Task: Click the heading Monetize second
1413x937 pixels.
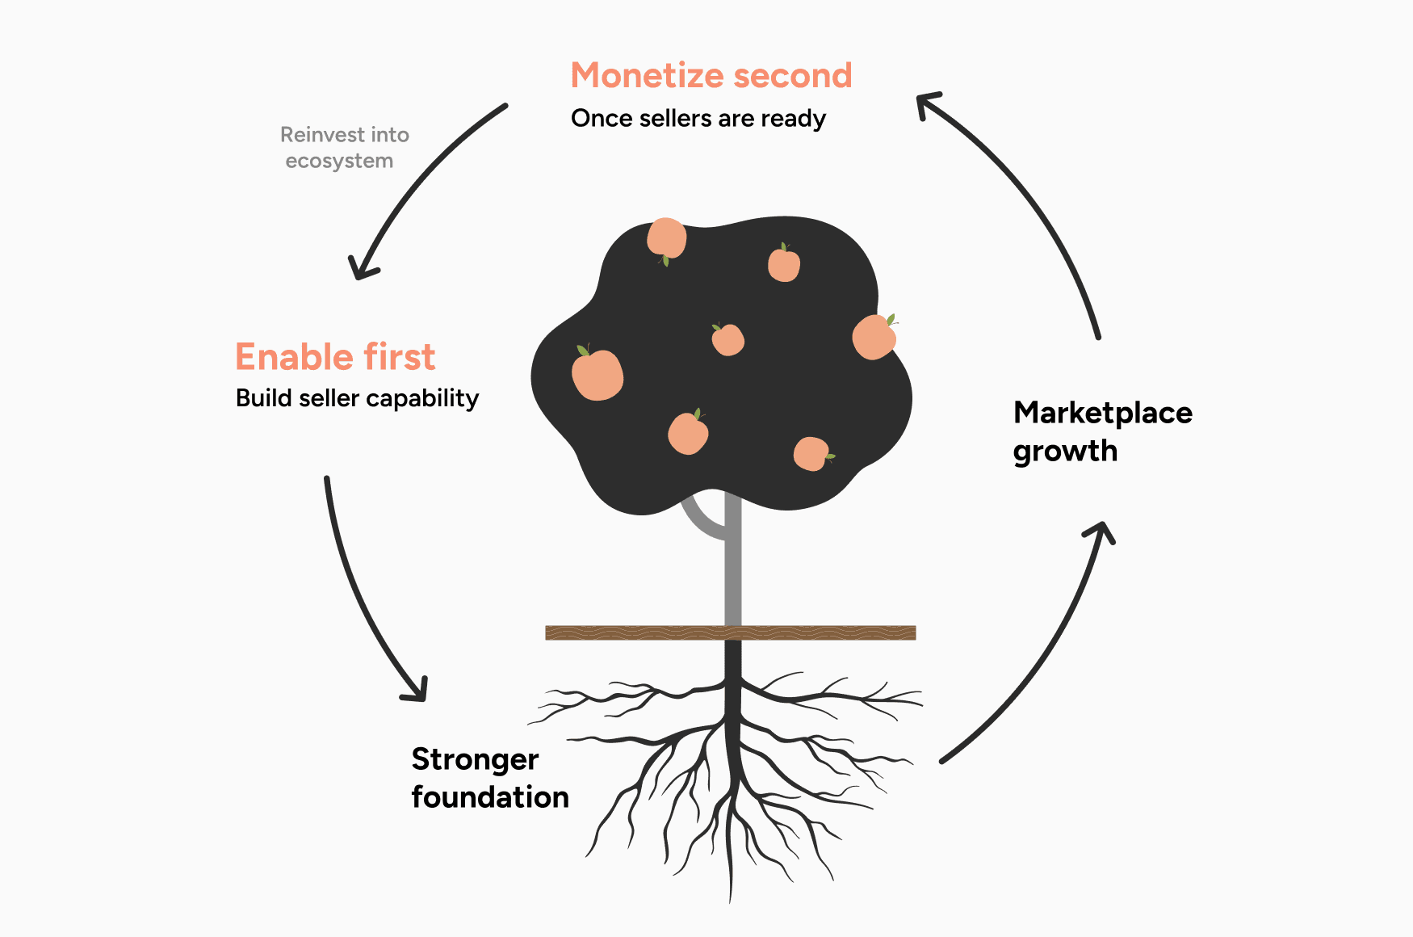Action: click(x=711, y=76)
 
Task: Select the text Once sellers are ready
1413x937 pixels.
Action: click(x=698, y=119)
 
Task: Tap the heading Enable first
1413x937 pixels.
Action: click(x=335, y=357)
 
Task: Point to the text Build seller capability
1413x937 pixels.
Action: click(x=357, y=398)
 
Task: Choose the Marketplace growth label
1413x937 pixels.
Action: click(x=1102, y=431)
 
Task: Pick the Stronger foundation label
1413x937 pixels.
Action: click(x=489, y=778)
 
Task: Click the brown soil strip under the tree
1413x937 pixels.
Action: click(x=730, y=632)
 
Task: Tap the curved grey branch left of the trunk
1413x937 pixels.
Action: click(x=699, y=520)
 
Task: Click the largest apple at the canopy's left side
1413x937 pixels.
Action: click(x=597, y=375)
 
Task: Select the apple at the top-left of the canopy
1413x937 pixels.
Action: click(x=666, y=238)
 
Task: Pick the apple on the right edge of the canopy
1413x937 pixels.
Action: click(x=874, y=337)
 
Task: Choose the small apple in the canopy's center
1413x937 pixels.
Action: click(x=727, y=340)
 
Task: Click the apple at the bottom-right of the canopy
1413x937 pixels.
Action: click(x=811, y=454)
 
